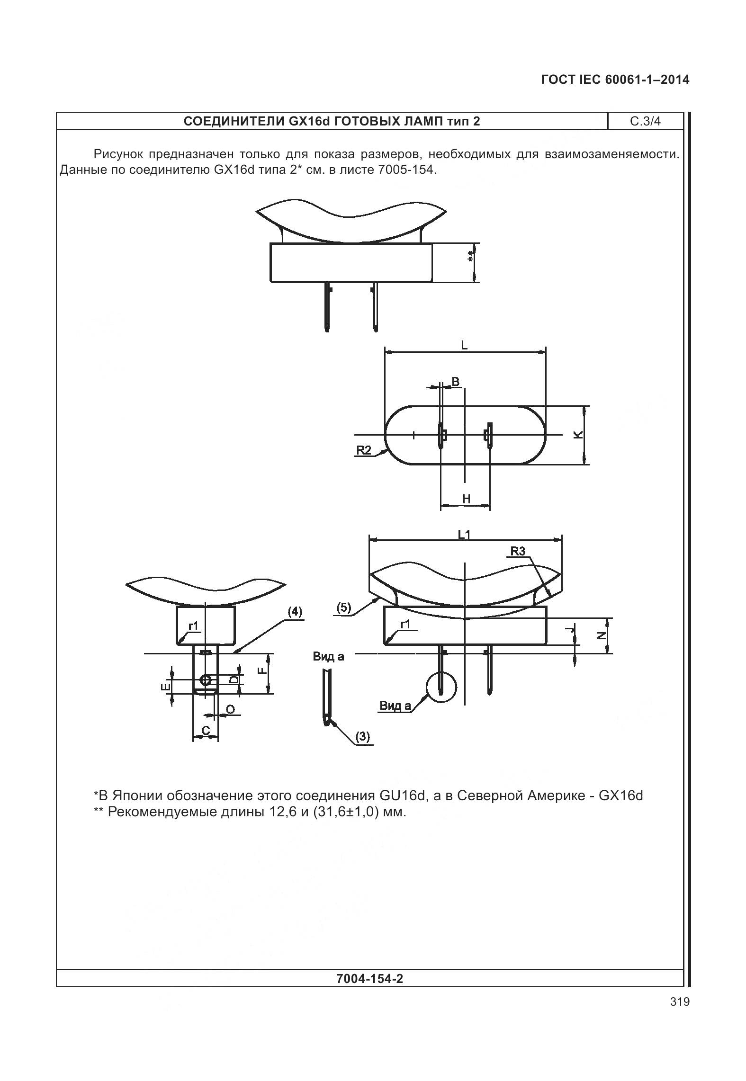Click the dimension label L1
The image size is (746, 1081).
pyautogui.click(x=464, y=535)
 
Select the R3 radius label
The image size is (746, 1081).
pyautogui.click(x=518, y=551)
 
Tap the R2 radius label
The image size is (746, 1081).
pyautogui.click(x=364, y=450)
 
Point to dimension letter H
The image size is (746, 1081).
pyautogui.click(x=466, y=499)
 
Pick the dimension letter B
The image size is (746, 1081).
pyautogui.click(x=455, y=382)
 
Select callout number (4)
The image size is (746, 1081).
pyautogui.click(x=295, y=612)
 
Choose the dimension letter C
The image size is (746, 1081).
pyautogui.click(x=206, y=731)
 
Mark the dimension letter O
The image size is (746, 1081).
pyautogui.click(x=230, y=709)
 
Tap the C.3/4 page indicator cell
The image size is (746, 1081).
pyautogui.click(x=645, y=121)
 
